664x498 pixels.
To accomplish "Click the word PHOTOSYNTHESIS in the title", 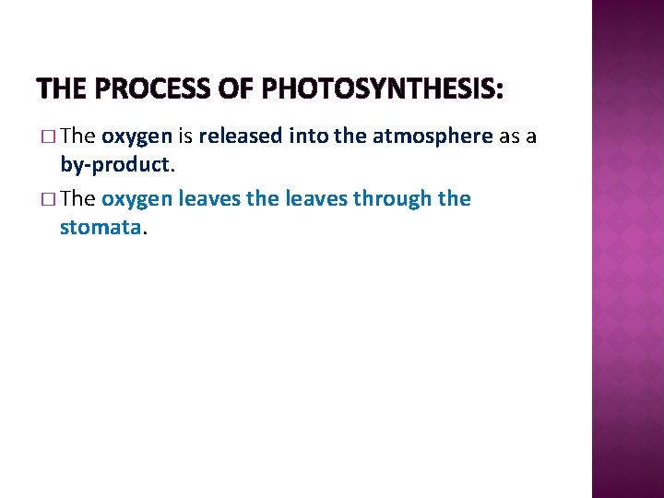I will (383, 89).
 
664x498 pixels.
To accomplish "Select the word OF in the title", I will (236, 89).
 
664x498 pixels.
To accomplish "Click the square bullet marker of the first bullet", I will (49, 137).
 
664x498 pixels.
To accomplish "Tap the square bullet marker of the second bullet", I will (49, 199).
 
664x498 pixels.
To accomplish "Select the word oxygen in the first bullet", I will (136, 137).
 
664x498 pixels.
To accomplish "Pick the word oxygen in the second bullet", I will (136, 199).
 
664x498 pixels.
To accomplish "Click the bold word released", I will (241, 136).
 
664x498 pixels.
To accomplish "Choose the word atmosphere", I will (433, 136).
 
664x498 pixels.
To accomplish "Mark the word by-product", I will (115, 165).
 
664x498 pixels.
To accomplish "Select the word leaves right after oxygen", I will (205, 198).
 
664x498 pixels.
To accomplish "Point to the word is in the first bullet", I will (184, 136).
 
